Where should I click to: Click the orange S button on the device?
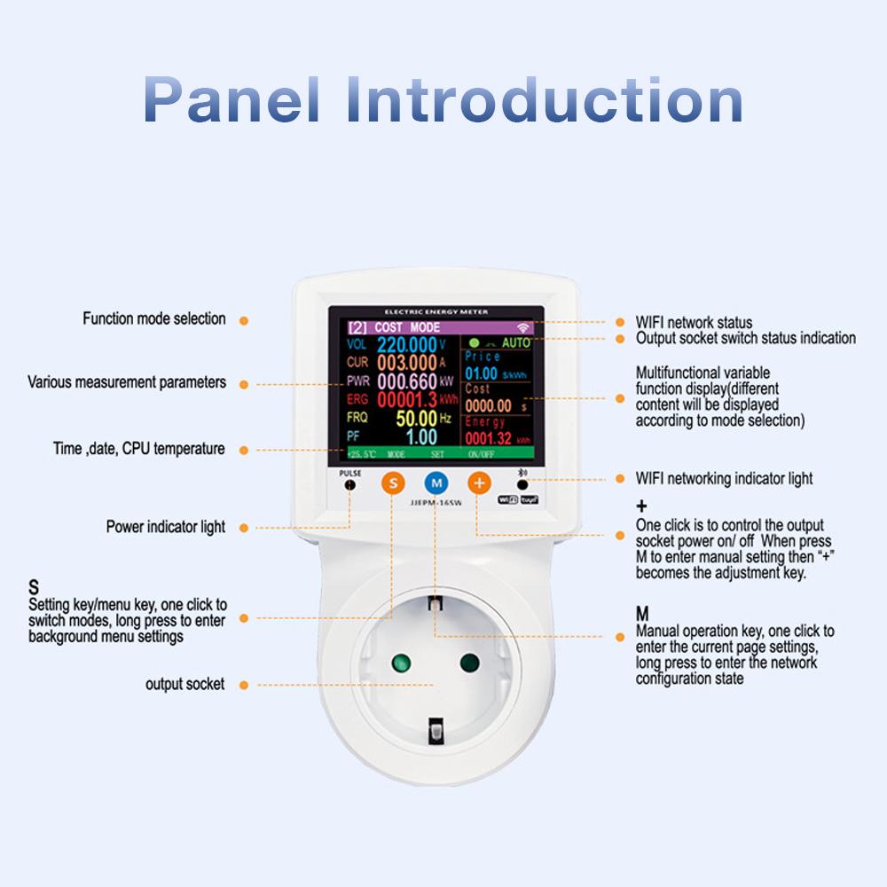(393, 483)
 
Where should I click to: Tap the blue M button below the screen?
(436, 483)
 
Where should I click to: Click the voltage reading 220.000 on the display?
(412, 344)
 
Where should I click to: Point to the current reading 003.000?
(406, 363)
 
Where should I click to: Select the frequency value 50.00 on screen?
(416, 418)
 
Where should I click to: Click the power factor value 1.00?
(421, 436)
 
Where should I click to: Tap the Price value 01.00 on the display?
(482, 373)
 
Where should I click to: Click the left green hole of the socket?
(400, 663)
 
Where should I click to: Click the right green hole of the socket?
(469, 663)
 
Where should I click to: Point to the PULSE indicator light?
(350, 485)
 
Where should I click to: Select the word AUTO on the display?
(516, 342)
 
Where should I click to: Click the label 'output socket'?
(184, 685)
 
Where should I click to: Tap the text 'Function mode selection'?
(154, 318)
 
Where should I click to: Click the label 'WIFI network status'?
(694, 322)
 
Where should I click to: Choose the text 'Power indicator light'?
(166, 527)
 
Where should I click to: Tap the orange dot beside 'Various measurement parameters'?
(244, 384)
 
